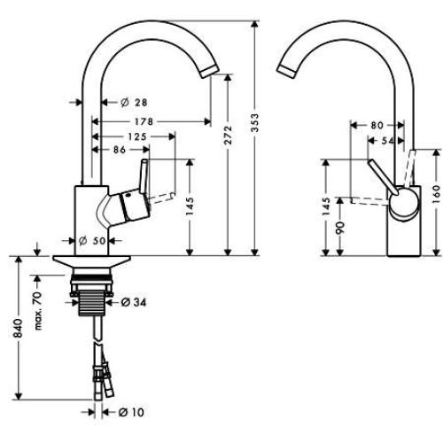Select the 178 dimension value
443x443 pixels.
135,121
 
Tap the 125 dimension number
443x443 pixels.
135,136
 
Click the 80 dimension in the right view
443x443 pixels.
376,126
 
